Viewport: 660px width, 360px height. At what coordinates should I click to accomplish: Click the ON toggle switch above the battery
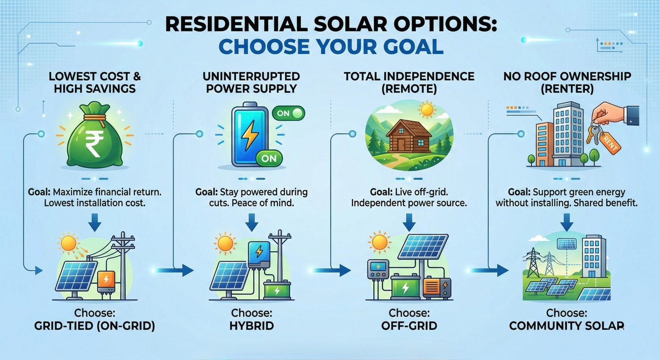pyautogui.click(x=288, y=113)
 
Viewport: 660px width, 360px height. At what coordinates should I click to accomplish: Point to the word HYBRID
pyautogui.click(x=252, y=326)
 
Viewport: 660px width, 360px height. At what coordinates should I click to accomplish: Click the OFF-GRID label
pyautogui.click(x=409, y=326)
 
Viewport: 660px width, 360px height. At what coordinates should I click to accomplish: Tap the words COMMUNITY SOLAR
pyautogui.click(x=567, y=326)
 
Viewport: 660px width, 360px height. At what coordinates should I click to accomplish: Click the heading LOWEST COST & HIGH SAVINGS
pyautogui.click(x=95, y=82)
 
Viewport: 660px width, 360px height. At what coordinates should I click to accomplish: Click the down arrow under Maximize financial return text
pyautogui.click(x=95, y=223)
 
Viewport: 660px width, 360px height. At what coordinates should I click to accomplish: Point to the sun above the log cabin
pyautogui.click(x=427, y=110)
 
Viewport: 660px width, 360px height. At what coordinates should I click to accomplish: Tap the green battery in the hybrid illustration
pyautogui.click(x=277, y=290)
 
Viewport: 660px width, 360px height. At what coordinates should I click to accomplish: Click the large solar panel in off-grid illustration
pyautogui.click(x=424, y=247)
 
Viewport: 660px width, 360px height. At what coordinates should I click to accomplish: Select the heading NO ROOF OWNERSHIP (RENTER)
pyautogui.click(x=567, y=82)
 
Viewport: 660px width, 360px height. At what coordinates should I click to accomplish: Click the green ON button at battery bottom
pyautogui.click(x=269, y=158)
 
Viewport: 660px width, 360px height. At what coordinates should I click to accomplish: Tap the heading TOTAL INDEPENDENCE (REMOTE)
pyautogui.click(x=409, y=82)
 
